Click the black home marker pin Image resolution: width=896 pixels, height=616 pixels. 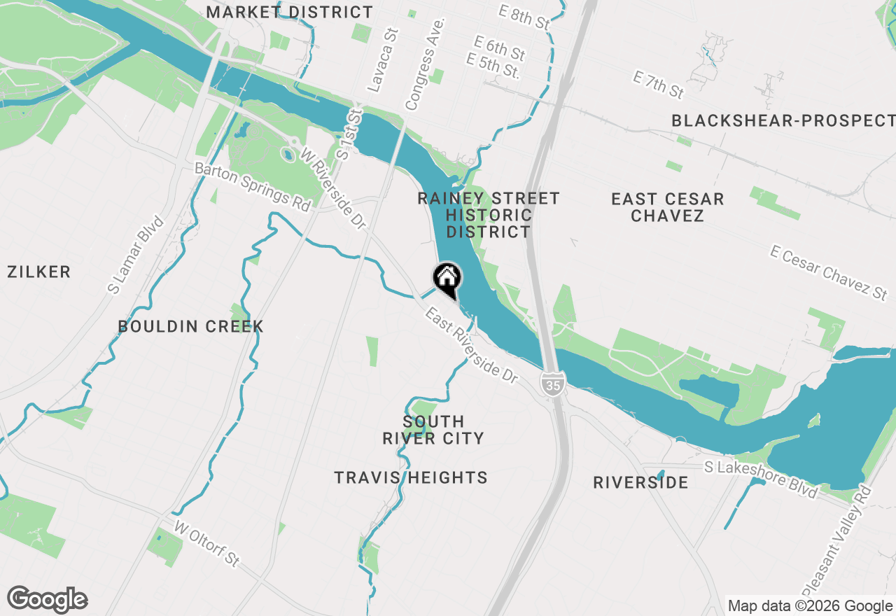coord(447,278)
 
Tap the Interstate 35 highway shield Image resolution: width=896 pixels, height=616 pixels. coord(552,383)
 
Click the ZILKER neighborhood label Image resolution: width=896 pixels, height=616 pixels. coord(39,272)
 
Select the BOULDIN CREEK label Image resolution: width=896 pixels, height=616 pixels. coord(191,326)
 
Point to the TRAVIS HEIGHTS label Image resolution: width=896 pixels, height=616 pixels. coord(411,478)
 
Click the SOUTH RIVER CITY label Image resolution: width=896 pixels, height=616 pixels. coord(433,430)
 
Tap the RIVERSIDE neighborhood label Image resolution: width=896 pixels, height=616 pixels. coord(640,483)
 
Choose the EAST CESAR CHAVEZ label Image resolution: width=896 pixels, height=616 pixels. coord(667,207)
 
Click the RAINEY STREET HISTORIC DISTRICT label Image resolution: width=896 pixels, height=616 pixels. coord(489,215)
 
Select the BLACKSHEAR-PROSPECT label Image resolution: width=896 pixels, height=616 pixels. coord(783,121)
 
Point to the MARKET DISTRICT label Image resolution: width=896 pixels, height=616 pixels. coord(290,13)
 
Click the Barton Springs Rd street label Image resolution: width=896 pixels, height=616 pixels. coord(252,188)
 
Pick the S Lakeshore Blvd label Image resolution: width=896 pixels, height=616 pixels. coord(760,479)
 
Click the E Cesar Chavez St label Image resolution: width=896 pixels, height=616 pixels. coord(829,272)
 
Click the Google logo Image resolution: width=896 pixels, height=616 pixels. coord(47,600)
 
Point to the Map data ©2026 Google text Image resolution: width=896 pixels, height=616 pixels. coord(809,606)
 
